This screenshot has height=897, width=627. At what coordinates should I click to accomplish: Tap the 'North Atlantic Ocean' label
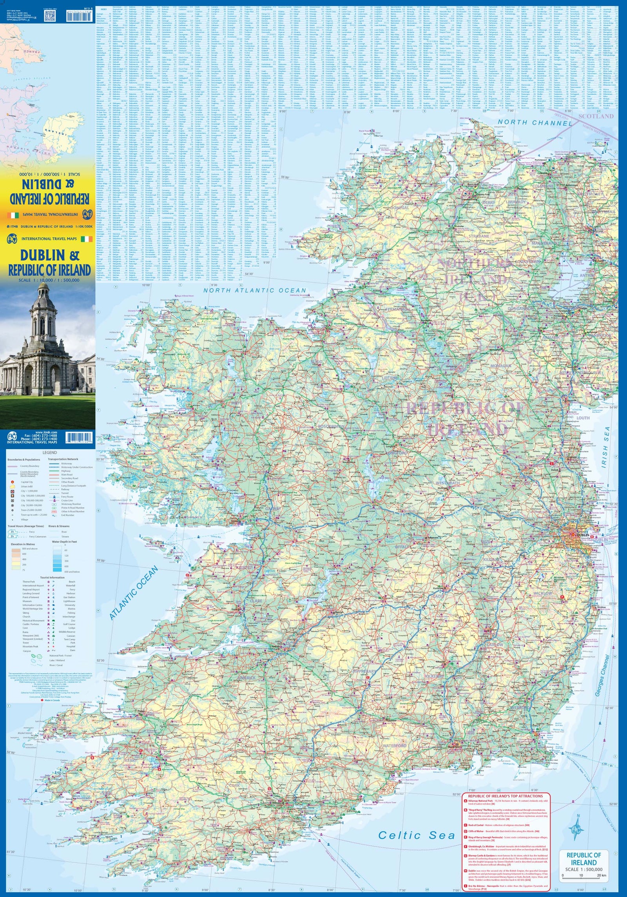tap(254, 290)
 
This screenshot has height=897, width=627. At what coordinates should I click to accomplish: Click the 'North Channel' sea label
tap(535, 123)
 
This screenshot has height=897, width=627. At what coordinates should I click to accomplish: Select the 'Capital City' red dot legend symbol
tap(13, 482)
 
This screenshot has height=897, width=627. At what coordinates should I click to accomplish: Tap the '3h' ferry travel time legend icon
tap(13, 531)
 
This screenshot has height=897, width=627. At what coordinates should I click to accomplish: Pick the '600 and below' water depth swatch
tap(57, 572)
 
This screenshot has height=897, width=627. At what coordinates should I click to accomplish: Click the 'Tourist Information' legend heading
tap(51, 577)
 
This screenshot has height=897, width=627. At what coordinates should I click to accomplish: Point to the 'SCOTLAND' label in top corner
tap(596, 116)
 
